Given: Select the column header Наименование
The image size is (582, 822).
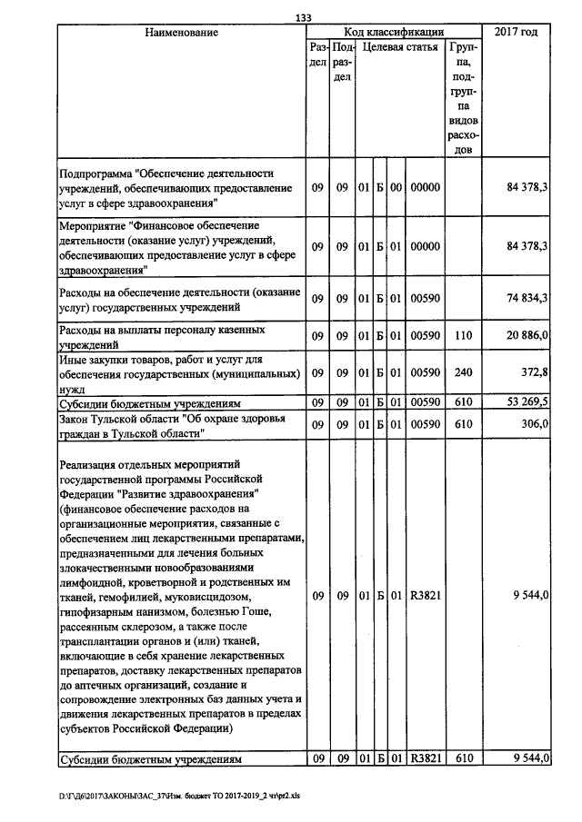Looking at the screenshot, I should pos(182,33).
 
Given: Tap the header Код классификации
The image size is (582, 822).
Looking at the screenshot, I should pos(393,32).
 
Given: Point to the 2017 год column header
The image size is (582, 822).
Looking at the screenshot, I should pos(515,33).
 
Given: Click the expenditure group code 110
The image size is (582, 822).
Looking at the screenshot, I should pos(463,336).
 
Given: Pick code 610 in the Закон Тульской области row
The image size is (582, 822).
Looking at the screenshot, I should pos(463,423).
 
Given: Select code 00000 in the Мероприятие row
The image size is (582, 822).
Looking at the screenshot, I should pos(426,246).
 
